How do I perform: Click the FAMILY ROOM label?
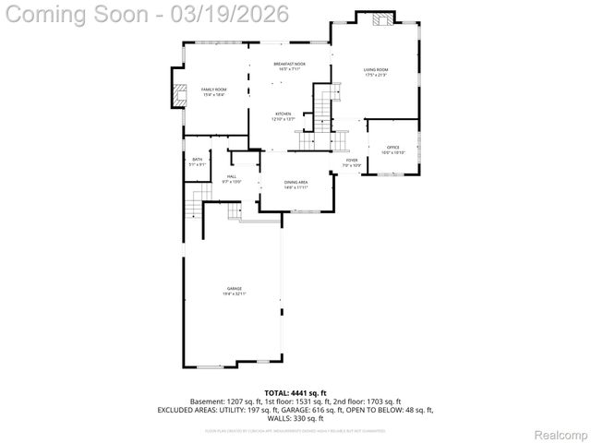(x=213, y=90)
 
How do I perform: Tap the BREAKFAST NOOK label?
(x=288, y=64)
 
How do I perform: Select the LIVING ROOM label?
(x=374, y=70)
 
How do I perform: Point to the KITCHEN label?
(x=283, y=114)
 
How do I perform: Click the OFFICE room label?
(x=393, y=147)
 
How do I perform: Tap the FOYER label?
(x=352, y=161)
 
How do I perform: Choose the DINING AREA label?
(x=295, y=183)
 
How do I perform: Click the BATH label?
(x=197, y=160)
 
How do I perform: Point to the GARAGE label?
(x=234, y=289)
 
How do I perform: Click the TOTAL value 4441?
(x=305, y=393)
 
